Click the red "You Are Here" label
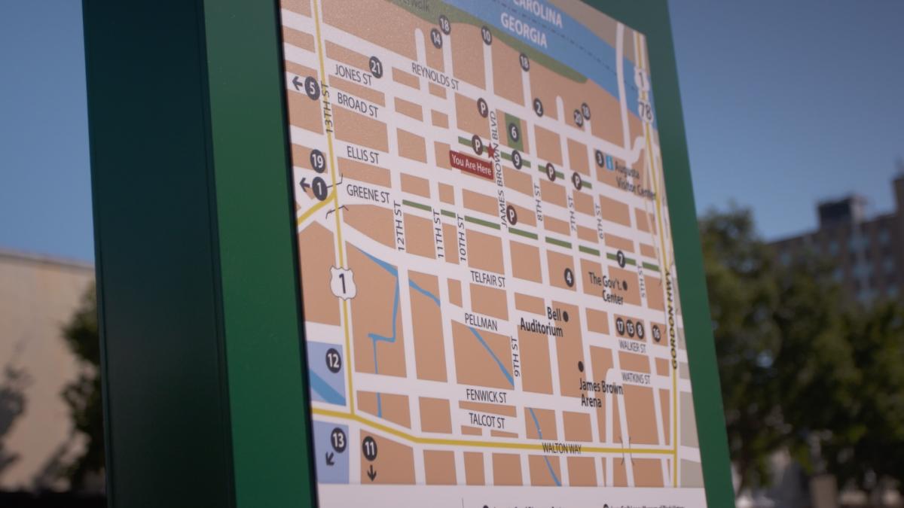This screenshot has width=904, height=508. [472, 164]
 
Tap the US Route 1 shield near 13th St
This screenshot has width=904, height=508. [343, 283]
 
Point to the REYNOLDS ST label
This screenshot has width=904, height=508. [435, 76]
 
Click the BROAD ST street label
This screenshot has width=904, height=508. [357, 104]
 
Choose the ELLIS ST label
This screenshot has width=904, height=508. [362, 155]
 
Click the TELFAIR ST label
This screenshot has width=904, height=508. [487, 278]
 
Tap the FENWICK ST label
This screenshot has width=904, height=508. [486, 395]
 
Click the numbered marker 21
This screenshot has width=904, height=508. [375, 66]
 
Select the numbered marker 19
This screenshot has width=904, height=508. [318, 160]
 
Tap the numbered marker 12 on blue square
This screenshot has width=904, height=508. [333, 360]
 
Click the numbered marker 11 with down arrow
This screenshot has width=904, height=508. [369, 449]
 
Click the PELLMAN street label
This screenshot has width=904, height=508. [481, 322]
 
